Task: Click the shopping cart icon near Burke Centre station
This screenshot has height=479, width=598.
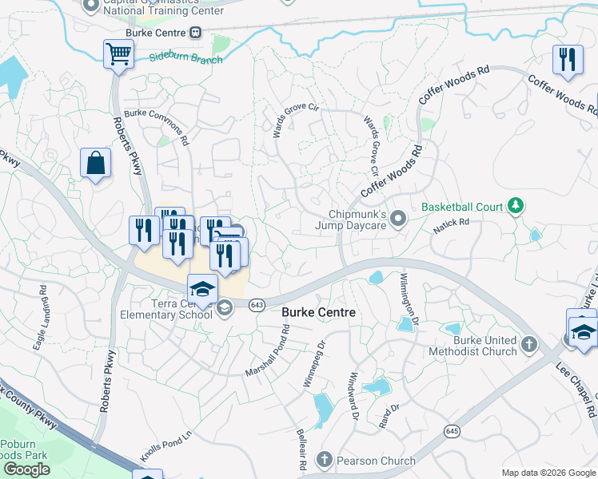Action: click(118, 55)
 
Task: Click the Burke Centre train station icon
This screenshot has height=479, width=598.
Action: click(194, 33)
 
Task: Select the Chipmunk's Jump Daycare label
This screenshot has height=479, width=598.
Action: click(358, 220)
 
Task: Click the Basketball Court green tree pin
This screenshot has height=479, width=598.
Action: click(516, 207)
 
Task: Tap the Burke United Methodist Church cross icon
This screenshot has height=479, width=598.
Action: click(528, 345)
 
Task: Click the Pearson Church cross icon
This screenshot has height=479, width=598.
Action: click(324, 460)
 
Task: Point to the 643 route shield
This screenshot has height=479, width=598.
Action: click(257, 305)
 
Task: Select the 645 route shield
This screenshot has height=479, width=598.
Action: click(452, 430)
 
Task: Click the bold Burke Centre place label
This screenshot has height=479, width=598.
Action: click(319, 313)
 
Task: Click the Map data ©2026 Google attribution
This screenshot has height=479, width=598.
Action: click(548, 473)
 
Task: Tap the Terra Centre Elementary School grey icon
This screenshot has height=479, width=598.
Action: click(225, 307)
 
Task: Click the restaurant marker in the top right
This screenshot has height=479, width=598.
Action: click(567, 61)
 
